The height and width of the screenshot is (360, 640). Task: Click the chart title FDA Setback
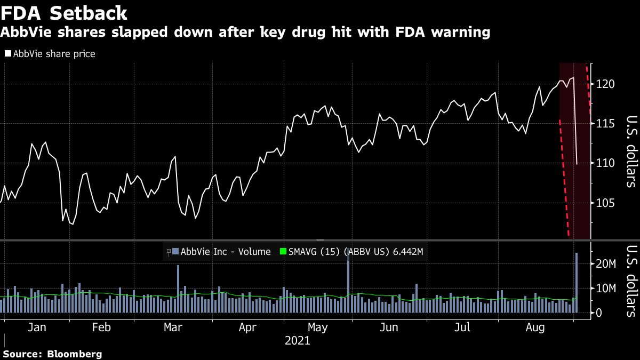[x=64, y=13]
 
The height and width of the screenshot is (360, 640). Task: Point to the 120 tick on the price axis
[x=606, y=84]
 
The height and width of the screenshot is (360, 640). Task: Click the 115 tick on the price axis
[x=606, y=124]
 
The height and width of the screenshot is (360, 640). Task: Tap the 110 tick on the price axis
[x=606, y=163]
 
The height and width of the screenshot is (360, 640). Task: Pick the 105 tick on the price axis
[x=606, y=203]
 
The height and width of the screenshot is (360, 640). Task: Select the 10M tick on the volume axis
[x=607, y=289]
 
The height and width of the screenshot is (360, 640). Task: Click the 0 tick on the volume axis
[x=600, y=313]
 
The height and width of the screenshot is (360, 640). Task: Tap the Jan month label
[x=37, y=327]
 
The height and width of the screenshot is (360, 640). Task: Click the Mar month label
[x=173, y=327]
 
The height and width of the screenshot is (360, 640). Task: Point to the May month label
[x=318, y=327]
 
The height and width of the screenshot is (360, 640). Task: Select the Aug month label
[x=535, y=327]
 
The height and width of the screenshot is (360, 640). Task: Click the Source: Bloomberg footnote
[x=52, y=354]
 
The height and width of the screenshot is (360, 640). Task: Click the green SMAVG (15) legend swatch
[x=284, y=252]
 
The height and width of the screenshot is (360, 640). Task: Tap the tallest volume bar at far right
[x=577, y=283]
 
